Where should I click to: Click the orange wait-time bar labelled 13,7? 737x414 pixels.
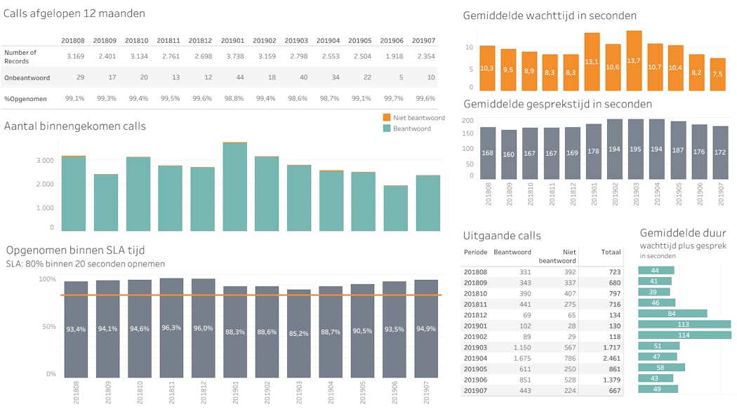coord(634,61)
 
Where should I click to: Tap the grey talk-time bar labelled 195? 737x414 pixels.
coord(634,149)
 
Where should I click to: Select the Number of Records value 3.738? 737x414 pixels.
coord(232,57)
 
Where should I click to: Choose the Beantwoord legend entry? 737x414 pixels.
coord(411,128)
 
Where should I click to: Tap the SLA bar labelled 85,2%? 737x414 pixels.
coord(299,333)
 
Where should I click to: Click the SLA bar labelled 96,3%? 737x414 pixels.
coord(171,328)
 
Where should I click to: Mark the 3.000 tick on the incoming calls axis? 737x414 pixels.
coord(44,161)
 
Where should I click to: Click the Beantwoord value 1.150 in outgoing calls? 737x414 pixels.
coord(519,347)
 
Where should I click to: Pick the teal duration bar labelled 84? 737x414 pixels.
coord(672,314)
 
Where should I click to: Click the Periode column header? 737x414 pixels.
coord(475,252)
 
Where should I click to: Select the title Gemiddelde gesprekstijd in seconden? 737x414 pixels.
coord(557,104)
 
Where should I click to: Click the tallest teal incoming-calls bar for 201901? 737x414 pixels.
coord(235,187)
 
